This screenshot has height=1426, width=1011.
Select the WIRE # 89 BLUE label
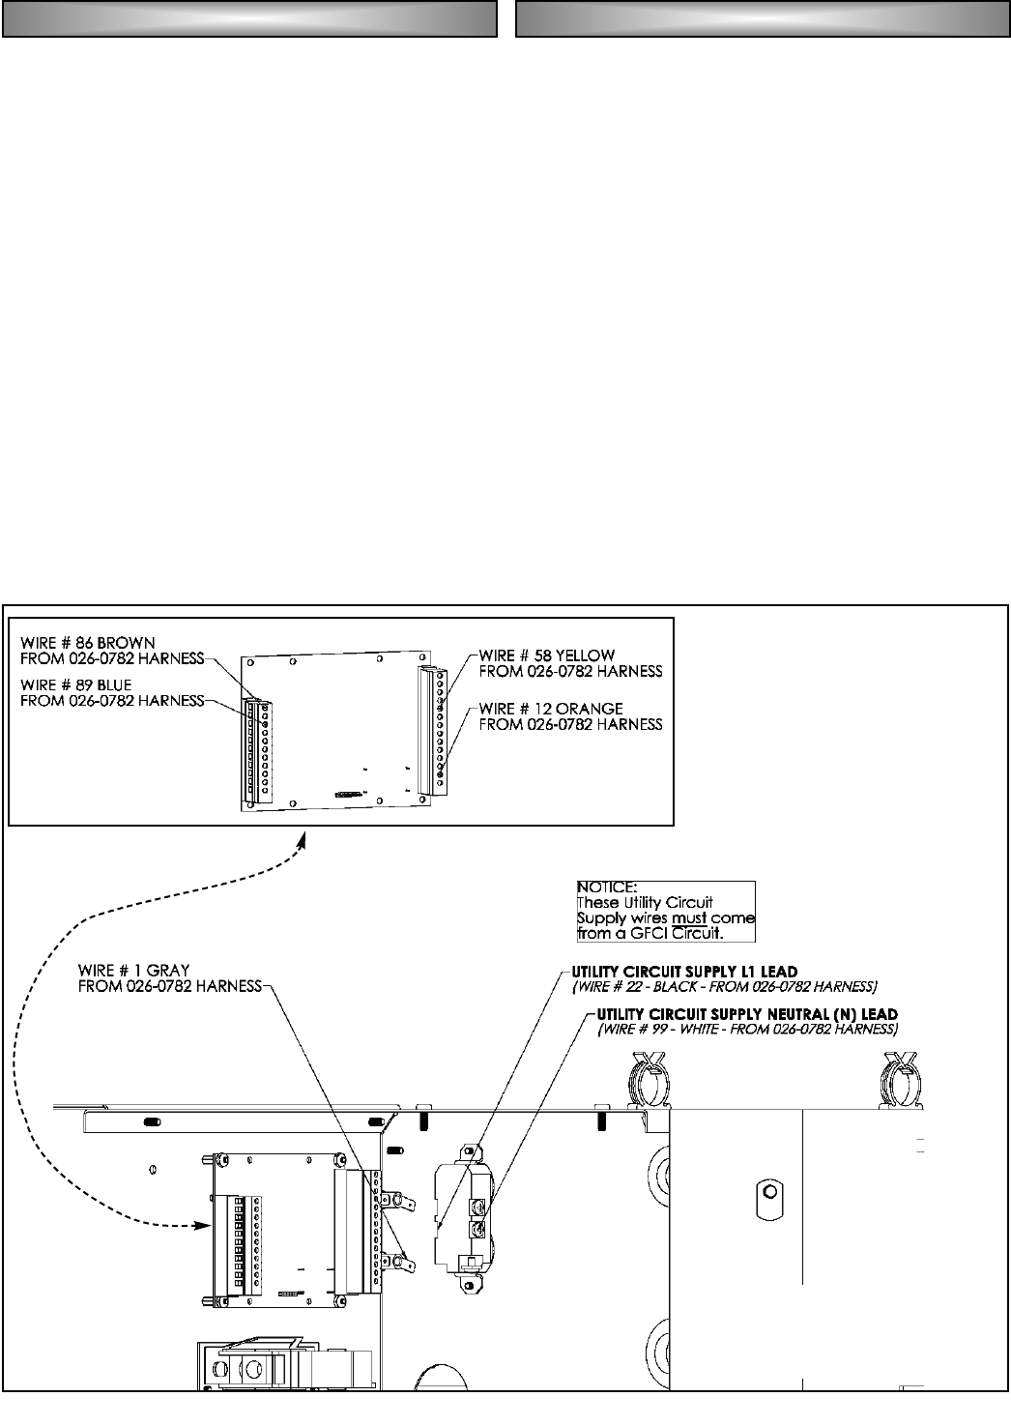pos(77,684)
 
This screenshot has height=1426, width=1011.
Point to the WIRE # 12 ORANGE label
pos(551,709)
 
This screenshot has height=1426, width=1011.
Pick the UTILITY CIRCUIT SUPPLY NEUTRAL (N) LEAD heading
pos(747,1013)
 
